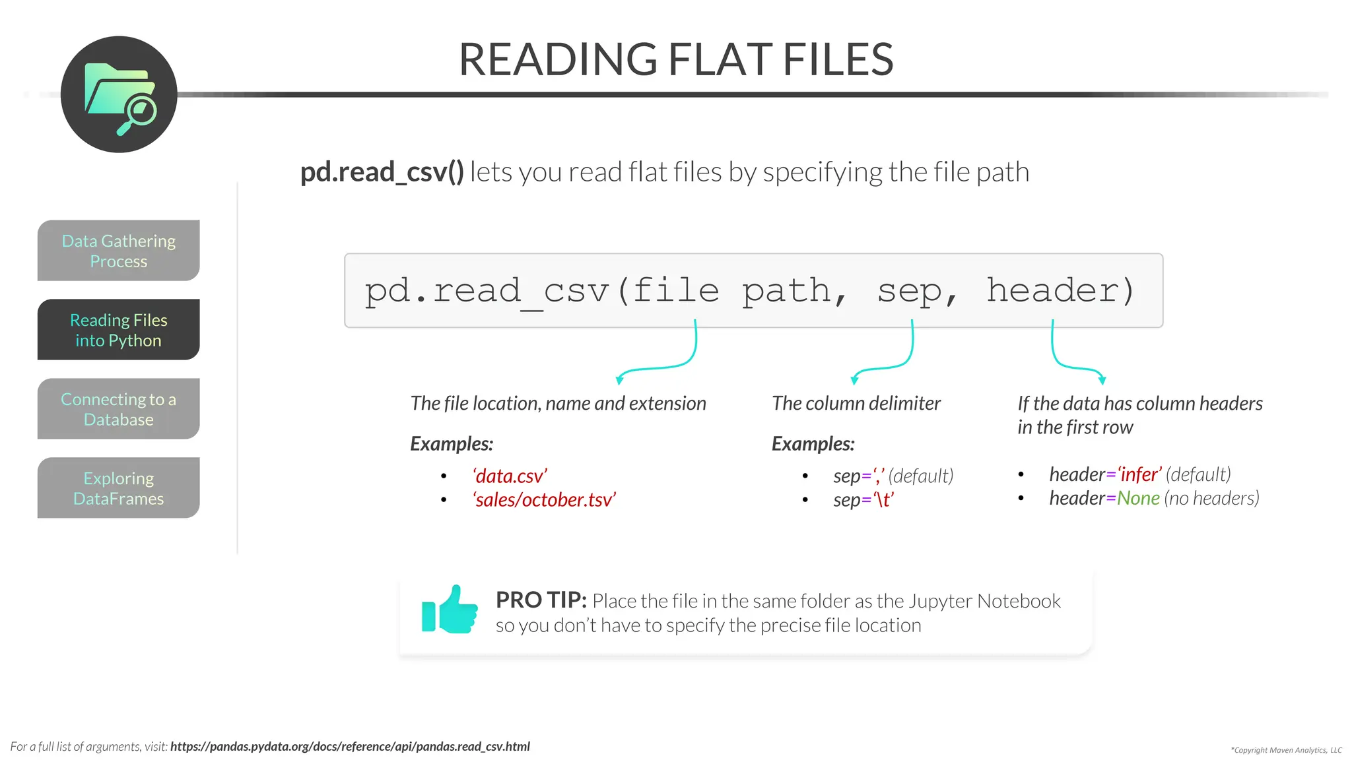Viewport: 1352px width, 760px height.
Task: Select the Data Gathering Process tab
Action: [x=119, y=251]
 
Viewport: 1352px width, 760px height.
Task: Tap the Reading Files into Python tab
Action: [x=119, y=330]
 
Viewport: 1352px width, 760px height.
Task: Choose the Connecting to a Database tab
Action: [x=119, y=409]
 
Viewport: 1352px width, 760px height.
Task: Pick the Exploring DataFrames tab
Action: [x=119, y=488]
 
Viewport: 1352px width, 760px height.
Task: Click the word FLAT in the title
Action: [x=720, y=59]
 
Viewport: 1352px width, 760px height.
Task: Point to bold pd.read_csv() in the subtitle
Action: [x=382, y=172]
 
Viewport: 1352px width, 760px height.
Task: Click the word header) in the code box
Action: [x=1060, y=290]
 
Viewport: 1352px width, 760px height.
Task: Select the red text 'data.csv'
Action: [x=510, y=476]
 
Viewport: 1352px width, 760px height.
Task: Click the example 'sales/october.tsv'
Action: [x=545, y=499]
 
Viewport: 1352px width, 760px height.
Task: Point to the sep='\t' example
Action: [x=863, y=499]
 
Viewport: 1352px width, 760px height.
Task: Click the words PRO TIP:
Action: [x=541, y=600]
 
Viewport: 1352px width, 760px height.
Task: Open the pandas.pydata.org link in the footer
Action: [x=350, y=746]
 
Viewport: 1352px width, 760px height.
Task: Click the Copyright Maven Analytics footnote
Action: [x=1286, y=750]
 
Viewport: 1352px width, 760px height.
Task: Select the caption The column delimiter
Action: [x=856, y=403]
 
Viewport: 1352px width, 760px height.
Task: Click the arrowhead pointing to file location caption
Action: [x=619, y=379]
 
